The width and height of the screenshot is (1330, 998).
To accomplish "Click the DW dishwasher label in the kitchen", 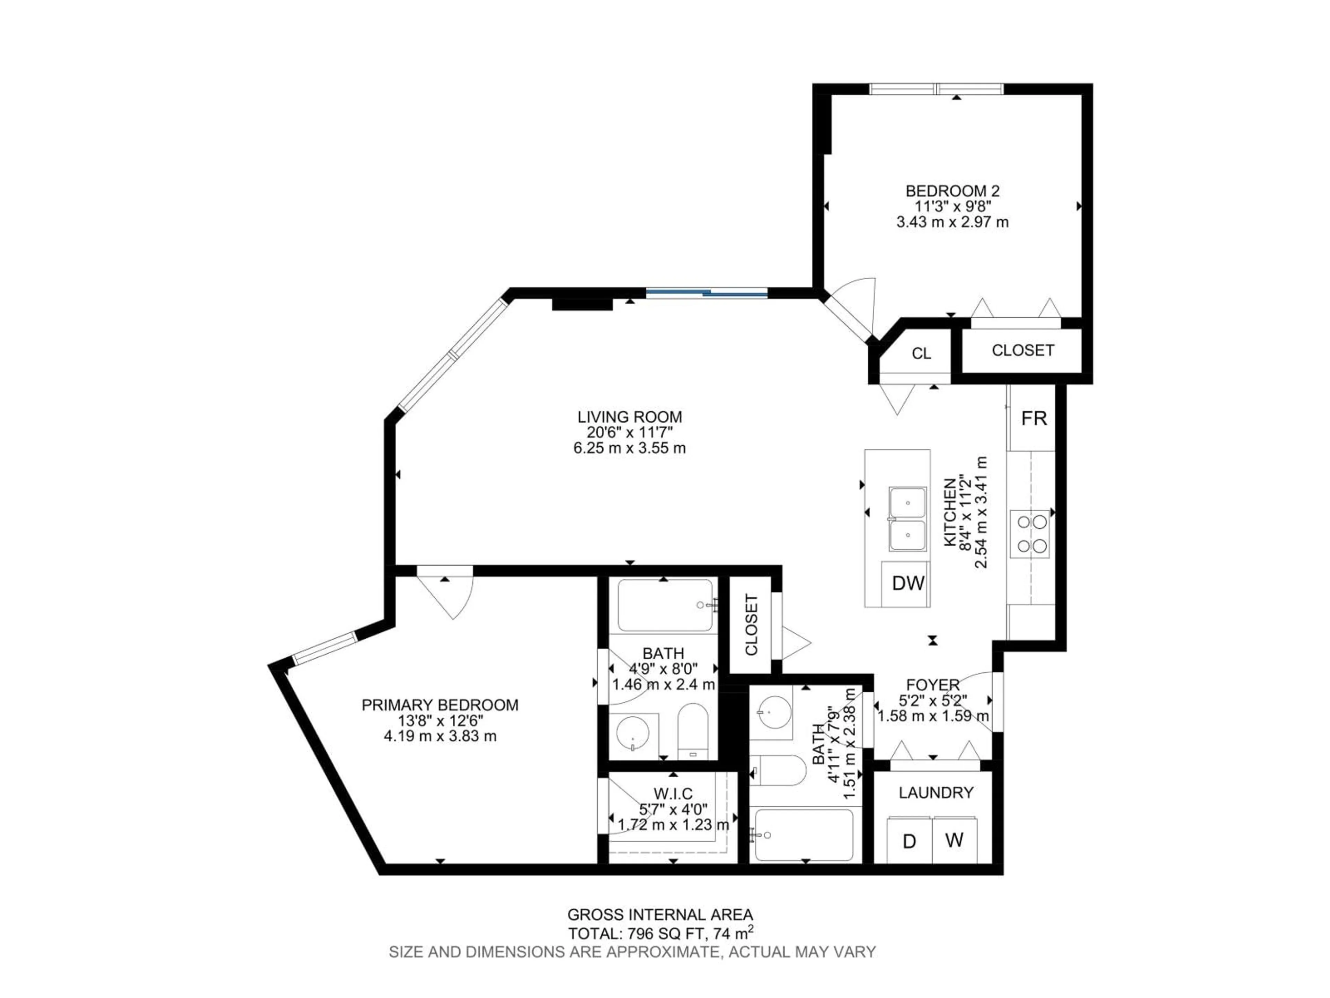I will click(908, 583).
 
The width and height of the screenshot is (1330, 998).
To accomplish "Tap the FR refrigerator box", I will click(1034, 418).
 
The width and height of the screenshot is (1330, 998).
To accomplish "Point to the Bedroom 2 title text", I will click(952, 191).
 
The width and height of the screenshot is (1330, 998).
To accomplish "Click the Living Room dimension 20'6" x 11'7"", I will click(630, 432).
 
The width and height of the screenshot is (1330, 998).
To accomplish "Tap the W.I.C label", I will click(673, 794).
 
